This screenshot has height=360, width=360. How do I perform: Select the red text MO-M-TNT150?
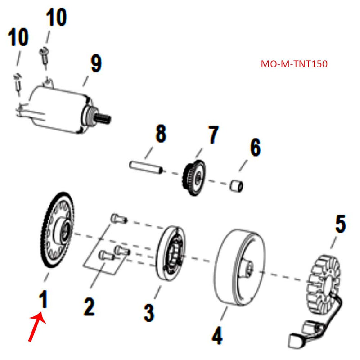click(x=294, y=64)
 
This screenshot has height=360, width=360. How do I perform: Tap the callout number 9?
click(x=95, y=63)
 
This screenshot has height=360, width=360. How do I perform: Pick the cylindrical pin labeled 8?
click(x=144, y=167)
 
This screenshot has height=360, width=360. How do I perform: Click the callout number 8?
click(x=161, y=135)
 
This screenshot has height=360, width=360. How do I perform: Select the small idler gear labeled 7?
click(x=195, y=177)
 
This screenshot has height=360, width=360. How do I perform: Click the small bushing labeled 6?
click(x=238, y=185)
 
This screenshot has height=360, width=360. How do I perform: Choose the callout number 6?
click(x=255, y=148)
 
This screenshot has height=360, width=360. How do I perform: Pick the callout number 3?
click(x=149, y=312)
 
